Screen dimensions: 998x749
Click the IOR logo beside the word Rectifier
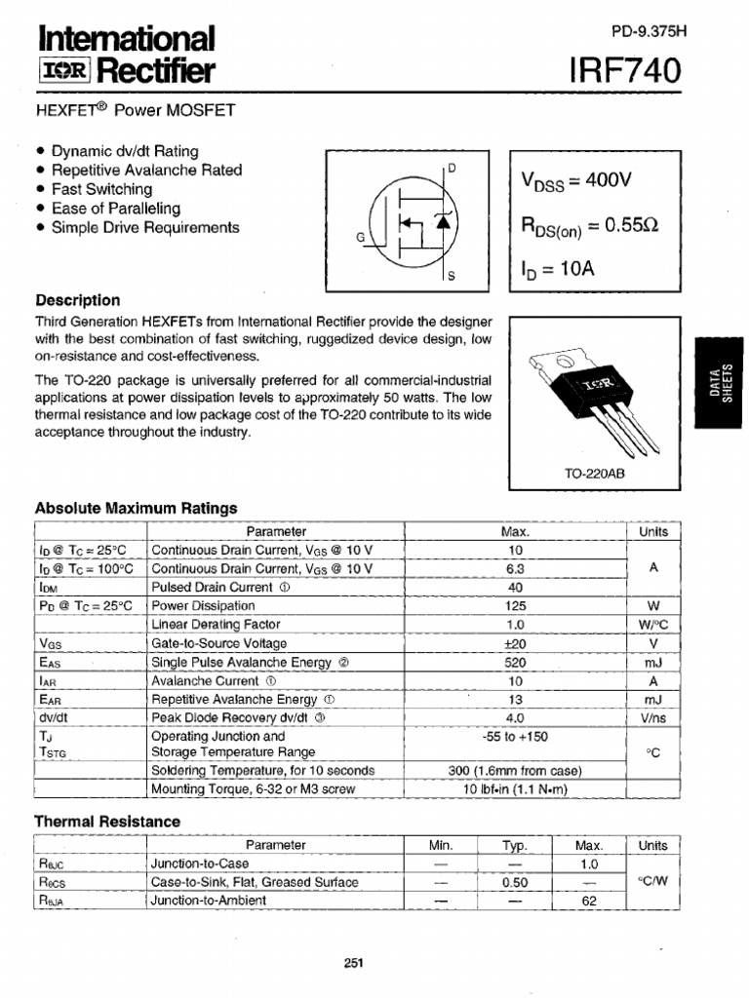click(x=64, y=70)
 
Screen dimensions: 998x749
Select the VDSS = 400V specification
click(x=576, y=181)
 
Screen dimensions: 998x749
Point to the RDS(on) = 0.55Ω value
click(x=590, y=225)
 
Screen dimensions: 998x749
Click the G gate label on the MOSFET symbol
click(x=360, y=237)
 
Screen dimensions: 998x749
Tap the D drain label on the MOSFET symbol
click(x=453, y=168)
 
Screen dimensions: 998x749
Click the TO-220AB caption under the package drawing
click(x=594, y=474)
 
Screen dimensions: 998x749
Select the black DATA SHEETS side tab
click(x=722, y=380)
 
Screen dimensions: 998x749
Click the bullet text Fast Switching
click(x=101, y=189)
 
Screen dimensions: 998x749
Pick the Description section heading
click(x=78, y=300)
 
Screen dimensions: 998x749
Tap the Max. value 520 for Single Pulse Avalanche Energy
click(x=515, y=662)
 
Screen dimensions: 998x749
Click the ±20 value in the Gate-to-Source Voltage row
click(x=515, y=643)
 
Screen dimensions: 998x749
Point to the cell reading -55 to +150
click(x=515, y=737)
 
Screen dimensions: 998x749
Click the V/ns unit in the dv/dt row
click(x=652, y=717)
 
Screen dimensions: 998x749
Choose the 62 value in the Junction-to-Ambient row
click(x=588, y=901)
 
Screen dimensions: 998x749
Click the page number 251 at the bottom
click(x=354, y=964)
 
